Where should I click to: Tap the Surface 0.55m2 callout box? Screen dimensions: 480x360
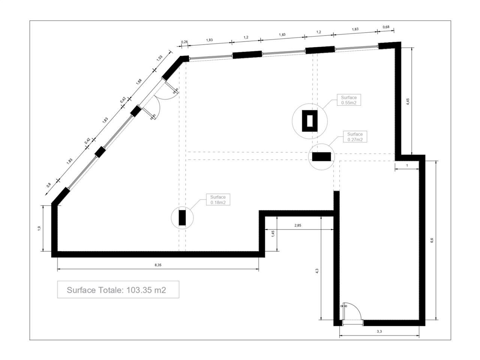(349, 100)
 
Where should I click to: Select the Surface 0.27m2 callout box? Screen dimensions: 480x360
(355, 136)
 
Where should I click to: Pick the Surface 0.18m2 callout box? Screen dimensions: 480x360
(218, 199)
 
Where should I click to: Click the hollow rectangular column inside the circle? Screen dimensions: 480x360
(309, 121)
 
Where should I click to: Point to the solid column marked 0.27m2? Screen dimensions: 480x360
(321, 157)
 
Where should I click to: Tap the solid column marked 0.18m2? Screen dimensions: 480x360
(182, 217)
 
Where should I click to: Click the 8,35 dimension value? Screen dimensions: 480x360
(158, 265)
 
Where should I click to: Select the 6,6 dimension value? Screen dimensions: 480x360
(432, 240)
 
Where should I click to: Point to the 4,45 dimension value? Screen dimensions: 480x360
(408, 102)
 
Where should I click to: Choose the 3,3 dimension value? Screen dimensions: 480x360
(379, 331)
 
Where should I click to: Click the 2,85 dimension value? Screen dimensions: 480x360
(298, 225)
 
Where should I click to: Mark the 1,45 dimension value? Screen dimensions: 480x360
(273, 234)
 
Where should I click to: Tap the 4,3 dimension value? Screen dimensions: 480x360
(317, 271)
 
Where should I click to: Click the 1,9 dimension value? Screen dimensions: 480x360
(39, 228)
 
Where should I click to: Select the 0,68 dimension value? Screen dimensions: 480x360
(386, 27)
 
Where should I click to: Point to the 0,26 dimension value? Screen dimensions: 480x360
(184, 42)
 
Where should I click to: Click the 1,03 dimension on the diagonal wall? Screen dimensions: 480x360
(160, 58)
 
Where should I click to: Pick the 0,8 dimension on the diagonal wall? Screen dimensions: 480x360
(48, 185)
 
